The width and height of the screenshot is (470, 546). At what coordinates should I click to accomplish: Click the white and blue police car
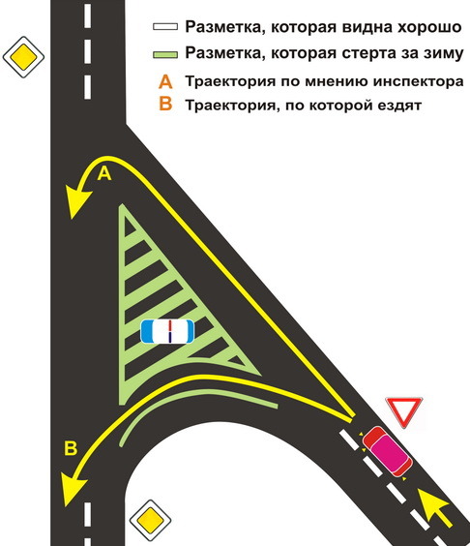(x=167, y=331)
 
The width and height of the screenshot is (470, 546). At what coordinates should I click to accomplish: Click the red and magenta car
(x=387, y=451)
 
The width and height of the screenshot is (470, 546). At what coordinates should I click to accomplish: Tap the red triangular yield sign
(x=404, y=410)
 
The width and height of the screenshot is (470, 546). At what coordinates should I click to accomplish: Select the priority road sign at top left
(x=23, y=57)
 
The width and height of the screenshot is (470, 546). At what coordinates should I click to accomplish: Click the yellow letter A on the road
(x=104, y=173)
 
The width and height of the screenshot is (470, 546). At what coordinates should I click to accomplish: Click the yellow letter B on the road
(x=71, y=448)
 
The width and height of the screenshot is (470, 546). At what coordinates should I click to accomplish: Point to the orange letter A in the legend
(x=165, y=81)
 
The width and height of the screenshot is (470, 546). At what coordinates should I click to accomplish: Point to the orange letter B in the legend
(x=165, y=104)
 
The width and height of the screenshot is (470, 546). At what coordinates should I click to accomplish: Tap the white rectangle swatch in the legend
(x=165, y=27)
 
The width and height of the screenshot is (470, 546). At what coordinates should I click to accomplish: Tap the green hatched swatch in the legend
(x=165, y=54)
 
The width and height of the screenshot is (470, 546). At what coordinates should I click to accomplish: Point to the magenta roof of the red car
(x=390, y=453)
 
